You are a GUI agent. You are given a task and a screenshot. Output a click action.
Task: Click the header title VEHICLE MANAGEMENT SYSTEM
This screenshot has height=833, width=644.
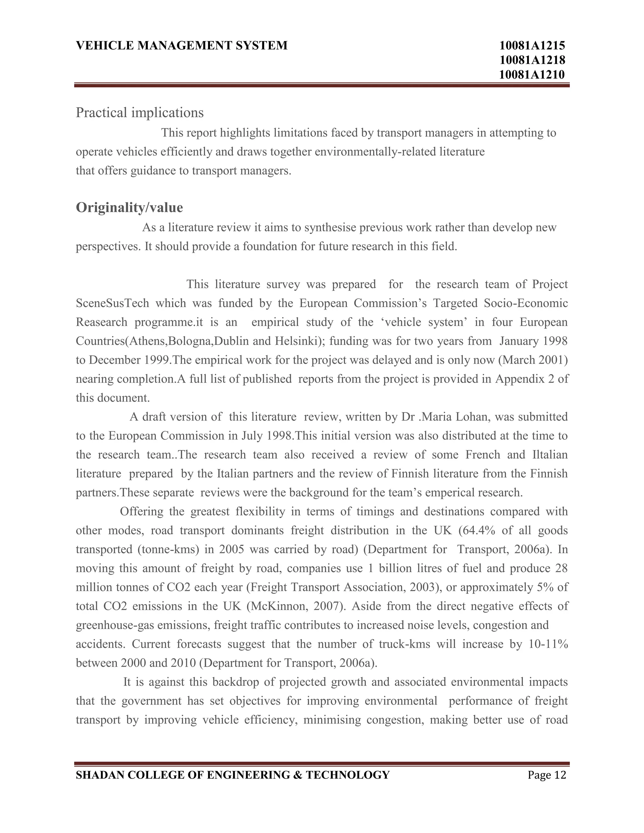(x=182, y=45)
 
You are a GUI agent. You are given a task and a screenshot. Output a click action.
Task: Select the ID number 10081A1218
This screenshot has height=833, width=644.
(x=532, y=60)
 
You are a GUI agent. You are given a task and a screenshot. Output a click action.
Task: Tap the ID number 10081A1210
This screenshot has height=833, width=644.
(x=532, y=74)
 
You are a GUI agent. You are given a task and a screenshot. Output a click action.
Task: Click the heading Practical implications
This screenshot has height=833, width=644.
(x=140, y=113)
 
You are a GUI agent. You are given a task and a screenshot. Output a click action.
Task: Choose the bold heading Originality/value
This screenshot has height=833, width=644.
(x=129, y=207)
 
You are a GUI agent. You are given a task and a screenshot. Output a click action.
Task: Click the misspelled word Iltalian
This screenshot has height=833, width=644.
(x=548, y=455)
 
